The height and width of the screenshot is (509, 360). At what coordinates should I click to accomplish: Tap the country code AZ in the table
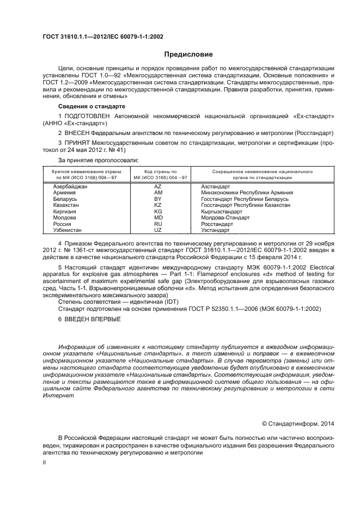pos(158,187)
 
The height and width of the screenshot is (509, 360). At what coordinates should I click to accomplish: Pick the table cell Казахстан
pos(67,205)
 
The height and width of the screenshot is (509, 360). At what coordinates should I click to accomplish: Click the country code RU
pos(158,223)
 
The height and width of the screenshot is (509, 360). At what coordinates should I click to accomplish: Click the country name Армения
pos(64,193)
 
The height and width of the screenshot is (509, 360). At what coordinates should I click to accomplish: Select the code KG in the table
pos(158,211)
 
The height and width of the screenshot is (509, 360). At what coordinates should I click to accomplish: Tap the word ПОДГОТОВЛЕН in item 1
pos(87,116)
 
